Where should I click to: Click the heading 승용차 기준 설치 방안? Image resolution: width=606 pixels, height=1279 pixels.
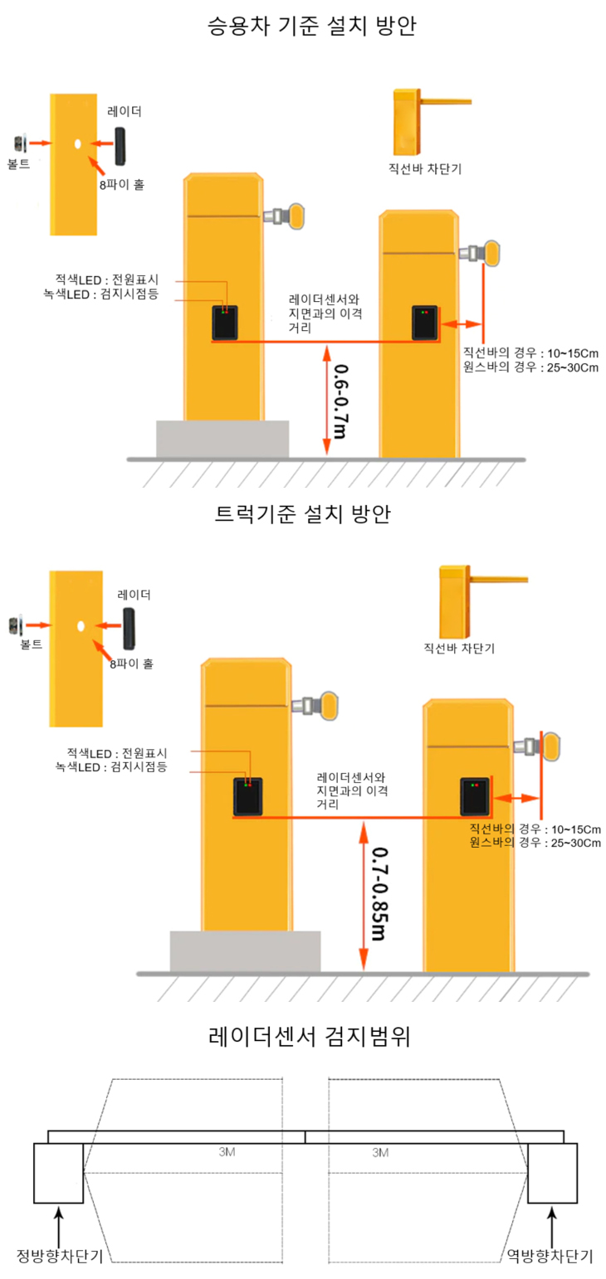pyautogui.click(x=311, y=26)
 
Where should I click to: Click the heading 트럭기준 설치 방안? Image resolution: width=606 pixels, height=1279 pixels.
pyautogui.click(x=302, y=514)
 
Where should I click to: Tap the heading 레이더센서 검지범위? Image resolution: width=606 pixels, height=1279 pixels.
pyautogui.click(x=310, y=1036)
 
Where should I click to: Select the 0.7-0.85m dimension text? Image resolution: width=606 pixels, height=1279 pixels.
pyautogui.click(x=379, y=894)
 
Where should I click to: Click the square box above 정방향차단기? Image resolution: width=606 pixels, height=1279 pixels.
pyautogui.click(x=58, y=1173)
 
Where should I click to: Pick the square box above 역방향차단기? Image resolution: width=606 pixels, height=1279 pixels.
pyautogui.click(x=552, y=1173)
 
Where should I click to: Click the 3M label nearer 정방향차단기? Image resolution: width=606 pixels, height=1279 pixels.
pyautogui.click(x=227, y=1152)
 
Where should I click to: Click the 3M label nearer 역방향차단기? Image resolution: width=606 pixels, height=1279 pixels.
pyautogui.click(x=380, y=1153)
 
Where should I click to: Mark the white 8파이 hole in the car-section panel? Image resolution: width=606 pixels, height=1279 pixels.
pyautogui.click(x=78, y=143)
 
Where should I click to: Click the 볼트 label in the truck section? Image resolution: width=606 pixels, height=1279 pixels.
pyautogui.click(x=32, y=644)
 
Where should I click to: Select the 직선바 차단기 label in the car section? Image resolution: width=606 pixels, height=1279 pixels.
pyautogui.click(x=425, y=169)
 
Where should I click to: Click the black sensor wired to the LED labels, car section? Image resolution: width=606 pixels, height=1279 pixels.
pyautogui.click(x=225, y=323)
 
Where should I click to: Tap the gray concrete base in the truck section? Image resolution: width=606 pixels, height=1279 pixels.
pyautogui.click(x=245, y=951)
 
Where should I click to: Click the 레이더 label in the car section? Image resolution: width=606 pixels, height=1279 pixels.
pyautogui.click(x=124, y=111)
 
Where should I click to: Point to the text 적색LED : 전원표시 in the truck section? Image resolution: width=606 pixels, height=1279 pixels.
pyautogui.click(x=117, y=753)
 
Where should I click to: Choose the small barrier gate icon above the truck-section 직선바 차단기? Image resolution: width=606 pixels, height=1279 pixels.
pyautogui.click(x=483, y=601)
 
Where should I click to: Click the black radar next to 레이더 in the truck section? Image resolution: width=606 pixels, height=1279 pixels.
pyautogui.click(x=130, y=628)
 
